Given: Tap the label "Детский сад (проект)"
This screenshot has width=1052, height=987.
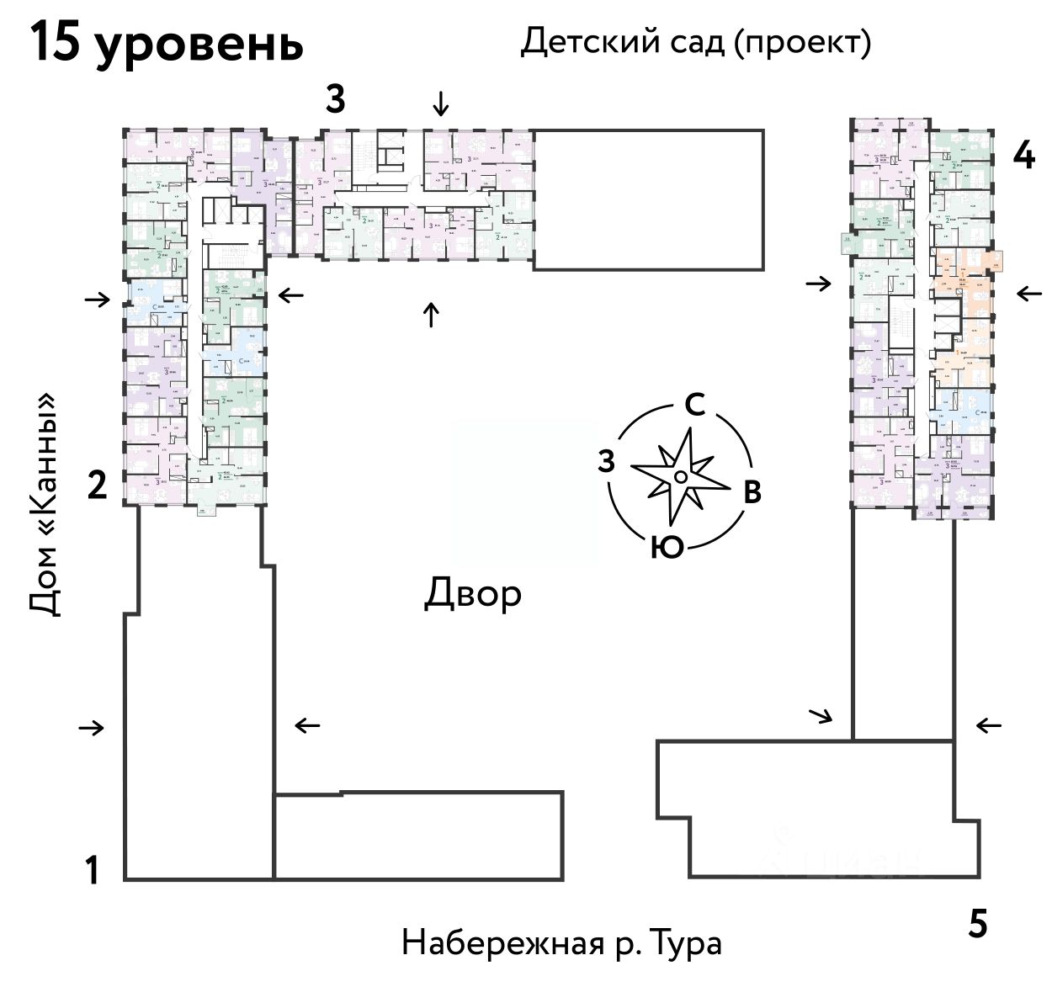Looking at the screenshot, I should [695, 41].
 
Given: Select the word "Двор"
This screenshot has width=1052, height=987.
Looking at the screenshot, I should [472, 593].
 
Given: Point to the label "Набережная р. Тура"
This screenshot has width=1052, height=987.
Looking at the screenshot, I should [561, 942].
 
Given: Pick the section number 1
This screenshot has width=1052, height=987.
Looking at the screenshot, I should [93, 870].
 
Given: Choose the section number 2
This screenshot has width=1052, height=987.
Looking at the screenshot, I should [98, 485].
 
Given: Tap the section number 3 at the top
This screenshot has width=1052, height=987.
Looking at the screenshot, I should [335, 100].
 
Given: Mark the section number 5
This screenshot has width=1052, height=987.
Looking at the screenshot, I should [976, 924].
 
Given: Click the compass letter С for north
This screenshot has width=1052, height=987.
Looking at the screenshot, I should [694, 406].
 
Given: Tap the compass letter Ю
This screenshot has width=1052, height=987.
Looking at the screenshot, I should [667, 548].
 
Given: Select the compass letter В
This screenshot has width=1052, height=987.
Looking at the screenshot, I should [752, 492].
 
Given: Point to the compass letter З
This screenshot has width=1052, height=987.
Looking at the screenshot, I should [605, 461].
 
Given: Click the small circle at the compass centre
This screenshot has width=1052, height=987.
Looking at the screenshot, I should [681, 477].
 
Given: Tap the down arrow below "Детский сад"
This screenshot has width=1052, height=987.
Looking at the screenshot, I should [440, 104].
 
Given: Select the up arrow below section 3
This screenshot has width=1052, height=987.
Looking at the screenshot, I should [431, 315].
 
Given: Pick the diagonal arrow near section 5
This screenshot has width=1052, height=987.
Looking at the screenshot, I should [820, 716].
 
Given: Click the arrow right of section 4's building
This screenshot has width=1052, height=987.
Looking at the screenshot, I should [1028, 294].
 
